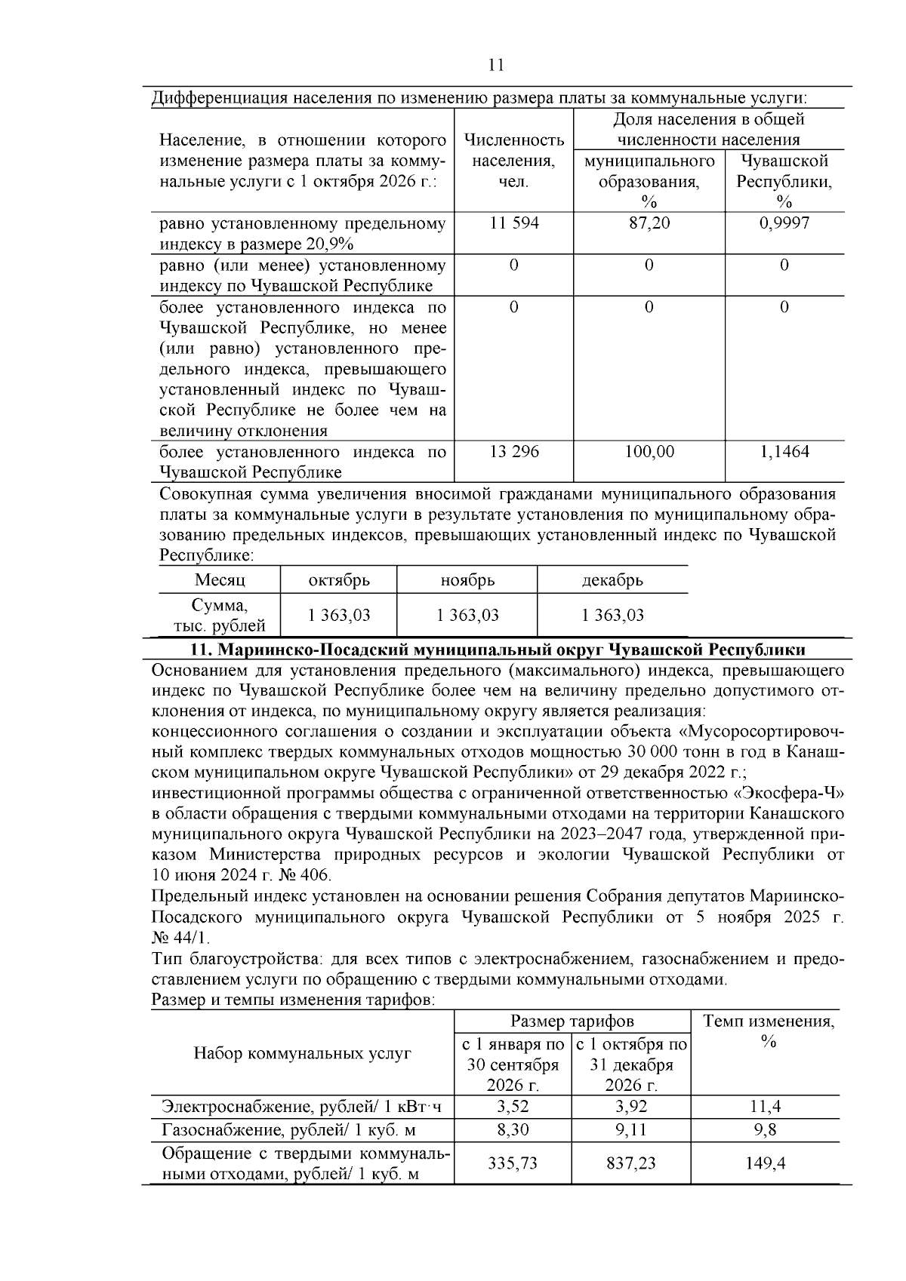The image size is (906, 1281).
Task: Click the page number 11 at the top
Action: (x=496, y=65)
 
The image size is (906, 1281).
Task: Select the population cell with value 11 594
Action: (x=513, y=223)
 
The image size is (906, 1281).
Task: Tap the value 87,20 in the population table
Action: (x=649, y=223)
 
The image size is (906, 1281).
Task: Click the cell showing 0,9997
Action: (x=784, y=223)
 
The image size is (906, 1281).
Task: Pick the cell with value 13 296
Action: (x=513, y=452)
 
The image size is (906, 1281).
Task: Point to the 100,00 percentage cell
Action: (x=649, y=452)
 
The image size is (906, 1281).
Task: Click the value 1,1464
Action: (x=784, y=452)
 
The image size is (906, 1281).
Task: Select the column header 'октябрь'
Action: (x=339, y=580)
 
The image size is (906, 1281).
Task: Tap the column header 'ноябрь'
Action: (x=467, y=580)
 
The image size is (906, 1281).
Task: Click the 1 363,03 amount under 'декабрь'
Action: (x=612, y=615)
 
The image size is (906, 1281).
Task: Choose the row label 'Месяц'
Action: (x=220, y=580)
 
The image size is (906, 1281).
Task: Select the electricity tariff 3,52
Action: (x=513, y=1107)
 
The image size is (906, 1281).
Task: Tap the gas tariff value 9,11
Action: (x=631, y=1130)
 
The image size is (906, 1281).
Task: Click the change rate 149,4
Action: (x=766, y=1163)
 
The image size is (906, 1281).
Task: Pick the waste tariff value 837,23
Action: (x=631, y=1163)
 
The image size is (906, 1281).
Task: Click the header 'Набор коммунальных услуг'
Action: (x=302, y=1053)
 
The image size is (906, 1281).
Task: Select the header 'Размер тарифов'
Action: (x=572, y=1021)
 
